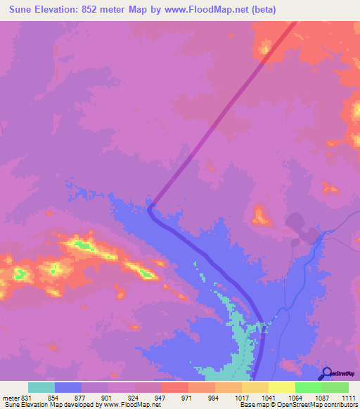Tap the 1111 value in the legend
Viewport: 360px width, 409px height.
(x=349, y=398)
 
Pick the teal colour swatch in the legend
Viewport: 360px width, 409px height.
(x=41, y=387)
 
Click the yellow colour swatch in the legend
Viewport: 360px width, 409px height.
(x=281, y=387)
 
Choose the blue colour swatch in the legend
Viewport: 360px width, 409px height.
(x=68, y=387)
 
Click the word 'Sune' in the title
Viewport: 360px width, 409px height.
(x=21, y=10)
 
